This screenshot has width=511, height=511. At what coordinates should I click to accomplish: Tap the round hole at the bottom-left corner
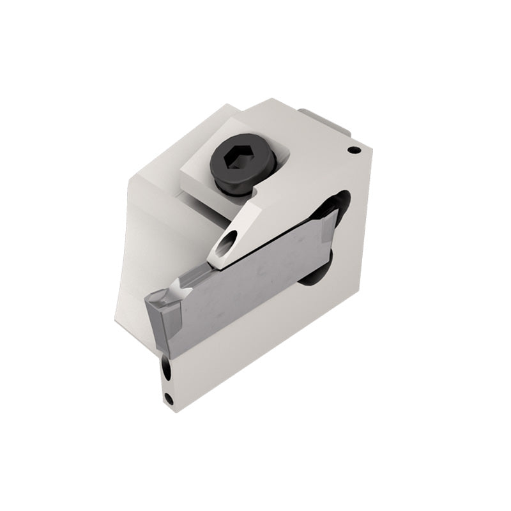coord(169,400)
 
